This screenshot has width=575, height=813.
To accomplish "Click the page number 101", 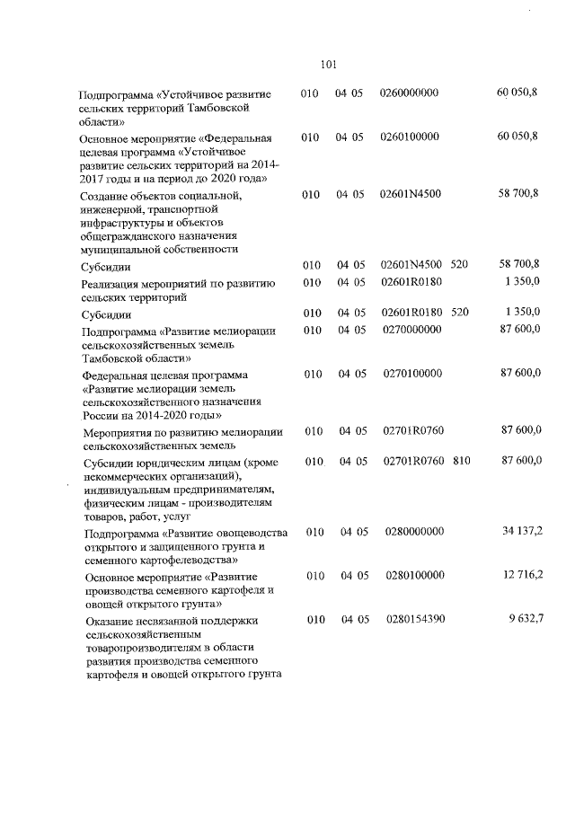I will tap(327, 64).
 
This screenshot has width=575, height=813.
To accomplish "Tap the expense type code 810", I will tap(462, 461).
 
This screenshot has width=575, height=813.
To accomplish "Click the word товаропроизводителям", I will tap(145, 647).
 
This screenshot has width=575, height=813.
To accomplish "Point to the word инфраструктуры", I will tap(127, 223).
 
